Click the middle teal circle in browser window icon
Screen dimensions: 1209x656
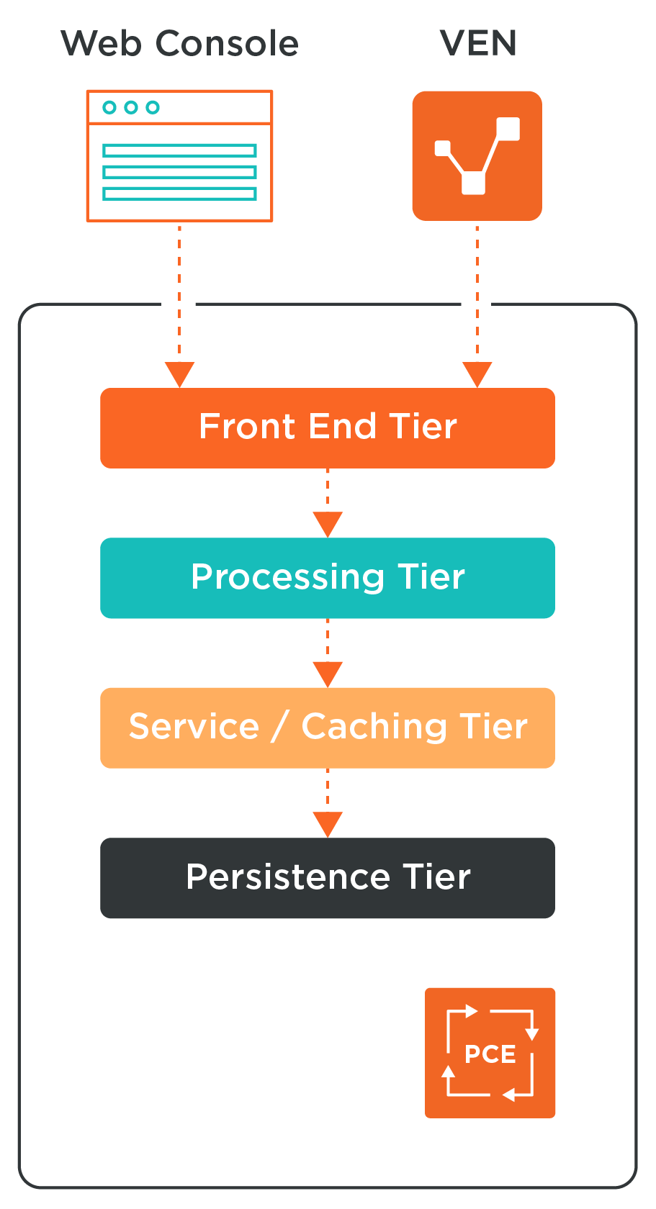(x=131, y=107)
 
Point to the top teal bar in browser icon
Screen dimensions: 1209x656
(x=179, y=150)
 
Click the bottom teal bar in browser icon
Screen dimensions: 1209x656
(x=179, y=194)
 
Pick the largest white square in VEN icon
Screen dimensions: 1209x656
(x=508, y=128)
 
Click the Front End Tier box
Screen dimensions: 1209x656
(x=328, y=428)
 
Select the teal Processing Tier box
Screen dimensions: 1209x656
(x=328, y=578)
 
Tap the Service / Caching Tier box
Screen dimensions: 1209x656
(x=328, y=728)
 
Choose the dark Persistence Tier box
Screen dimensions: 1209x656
(x=328, y=877)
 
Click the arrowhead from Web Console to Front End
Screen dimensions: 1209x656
(x=179, y=373)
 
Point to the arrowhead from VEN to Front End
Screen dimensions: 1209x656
(x=477, y=373)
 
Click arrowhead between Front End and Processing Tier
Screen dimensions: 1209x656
(x=328, y=523)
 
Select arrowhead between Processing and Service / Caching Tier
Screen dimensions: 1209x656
(x=328, y=673)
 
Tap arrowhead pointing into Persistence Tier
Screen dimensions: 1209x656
(x=328, y=823)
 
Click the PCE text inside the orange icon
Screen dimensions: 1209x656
(x=490, y=1054)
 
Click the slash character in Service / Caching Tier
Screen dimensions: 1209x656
(x=280, y=727)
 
